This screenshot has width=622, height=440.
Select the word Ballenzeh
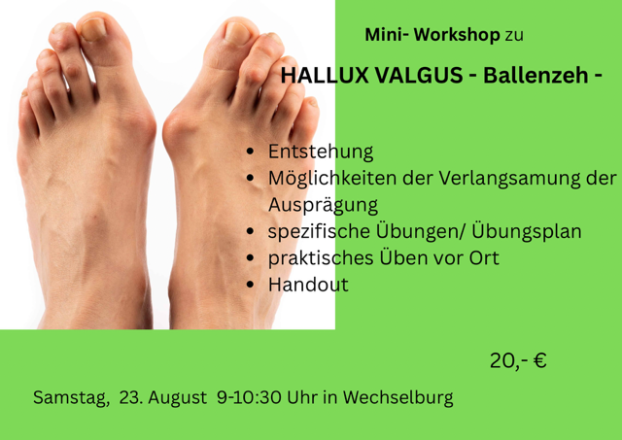pyautogui.click(x=536, y=75)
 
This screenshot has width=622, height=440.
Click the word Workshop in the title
pyautogui.click(x=457, y=35)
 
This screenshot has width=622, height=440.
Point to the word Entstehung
pyautogui.click(x=321, y=152)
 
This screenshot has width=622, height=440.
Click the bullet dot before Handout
pyautogui.click(x=250, y=285)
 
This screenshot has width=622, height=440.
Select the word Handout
pyautogui.click(x=308, y=285)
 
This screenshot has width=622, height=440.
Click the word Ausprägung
pyautogui.click(x=323, y=205)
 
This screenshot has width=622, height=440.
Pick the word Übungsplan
pyautogui.click(x=527, y=232)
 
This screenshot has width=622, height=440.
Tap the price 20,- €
pyautogui.click(x=518, y=360)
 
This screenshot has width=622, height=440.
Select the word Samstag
pyautogui.click(x=71, y=397)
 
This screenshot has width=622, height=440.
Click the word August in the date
pyautogui.click(x=177, y=397)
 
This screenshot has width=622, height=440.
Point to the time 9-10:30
pyautogui.click(x=249, y=397)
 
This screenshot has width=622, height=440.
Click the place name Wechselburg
pyautogui.click(x=397, y=397)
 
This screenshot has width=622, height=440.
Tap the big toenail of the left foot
pyautogui.click(x=93, y=28)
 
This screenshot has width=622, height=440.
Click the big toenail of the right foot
pyautogui.click(x=237, y=32)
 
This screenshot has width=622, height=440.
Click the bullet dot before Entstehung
pyautogui.click(x=250, y=152)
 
